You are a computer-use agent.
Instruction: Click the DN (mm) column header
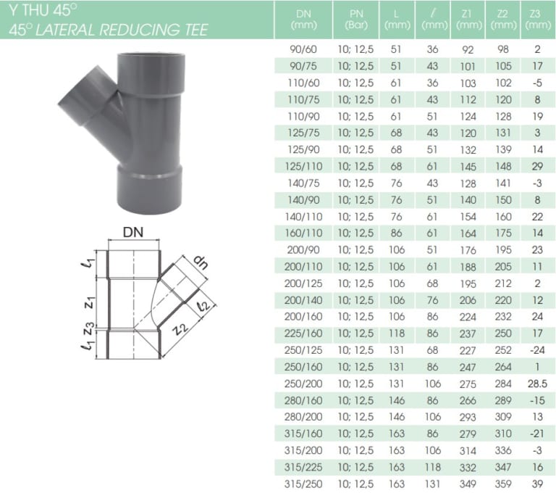[x=303, y=20]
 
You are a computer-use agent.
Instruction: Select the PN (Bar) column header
[x=355, y=20]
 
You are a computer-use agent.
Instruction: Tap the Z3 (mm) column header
[x=534, y=20]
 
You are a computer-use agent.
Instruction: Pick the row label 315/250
[x=303, y=484]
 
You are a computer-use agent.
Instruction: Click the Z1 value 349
[x=468, y=484]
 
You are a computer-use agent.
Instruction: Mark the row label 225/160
[x=303, y=333]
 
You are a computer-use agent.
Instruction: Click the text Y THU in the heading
[x=28, y=10]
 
